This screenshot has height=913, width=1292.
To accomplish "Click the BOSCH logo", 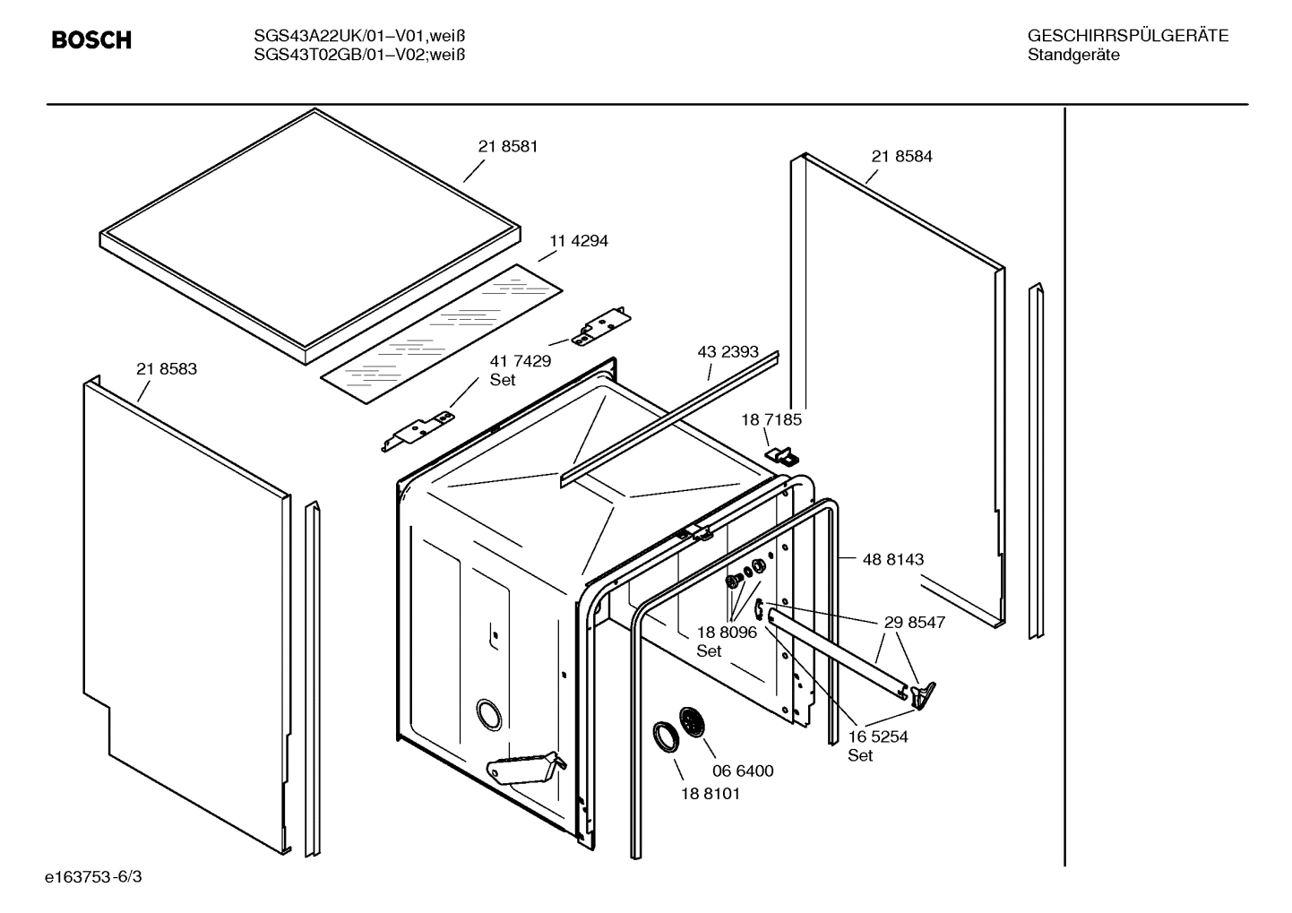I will point(91,40).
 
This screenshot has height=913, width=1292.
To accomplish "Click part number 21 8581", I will point(508,147).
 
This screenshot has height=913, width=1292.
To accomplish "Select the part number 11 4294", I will point(579,241).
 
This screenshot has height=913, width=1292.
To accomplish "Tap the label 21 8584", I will point(901,157).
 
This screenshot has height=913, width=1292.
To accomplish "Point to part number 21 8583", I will point(167,369).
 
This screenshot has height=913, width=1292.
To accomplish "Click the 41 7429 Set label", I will point(520,370).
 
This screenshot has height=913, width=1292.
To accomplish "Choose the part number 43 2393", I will point(728,352).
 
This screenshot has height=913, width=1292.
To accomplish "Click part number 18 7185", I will point(771,419).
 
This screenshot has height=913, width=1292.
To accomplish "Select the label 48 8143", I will point(892,559).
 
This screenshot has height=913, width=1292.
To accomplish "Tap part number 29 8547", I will point(914,623).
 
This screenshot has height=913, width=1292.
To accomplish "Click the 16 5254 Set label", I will point(878,745).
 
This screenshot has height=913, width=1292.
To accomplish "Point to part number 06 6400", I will point(743,771).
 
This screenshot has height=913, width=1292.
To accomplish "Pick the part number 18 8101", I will point(711,794).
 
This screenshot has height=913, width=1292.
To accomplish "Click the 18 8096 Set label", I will point(727,641).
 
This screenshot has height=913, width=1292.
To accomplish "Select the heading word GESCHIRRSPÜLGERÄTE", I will point(1127,37).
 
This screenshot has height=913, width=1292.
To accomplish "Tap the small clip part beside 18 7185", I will point(781,456).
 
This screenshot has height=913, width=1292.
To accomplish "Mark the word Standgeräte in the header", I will point(1072,56).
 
